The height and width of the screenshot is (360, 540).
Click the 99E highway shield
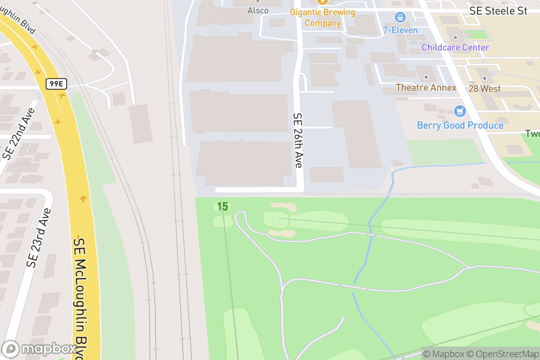click(x=56, y=83)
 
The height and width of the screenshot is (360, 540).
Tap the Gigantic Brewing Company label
click(x=322, y=17)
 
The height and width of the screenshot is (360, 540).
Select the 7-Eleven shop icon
click(x=400, y=18)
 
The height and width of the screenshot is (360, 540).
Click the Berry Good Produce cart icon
click(x=459, y=111)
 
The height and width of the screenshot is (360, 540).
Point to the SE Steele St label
click(x=498, y=11)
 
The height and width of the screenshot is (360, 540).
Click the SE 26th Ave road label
click(x=298, y=140)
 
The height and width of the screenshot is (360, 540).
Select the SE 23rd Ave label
click(x=40, y=238)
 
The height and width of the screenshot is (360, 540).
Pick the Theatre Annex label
click(x=426, y=88)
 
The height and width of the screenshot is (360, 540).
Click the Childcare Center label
click(x=455, y=47)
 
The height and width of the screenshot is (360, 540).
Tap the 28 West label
click(x=484, y=89)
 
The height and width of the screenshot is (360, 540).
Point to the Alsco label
click(x=258, y=10)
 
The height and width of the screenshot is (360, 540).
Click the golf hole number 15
click(x=222, y=207)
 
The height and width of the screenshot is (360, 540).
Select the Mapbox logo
click(x=40, y=349)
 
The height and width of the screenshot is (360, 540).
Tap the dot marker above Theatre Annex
click(x=426, y=77)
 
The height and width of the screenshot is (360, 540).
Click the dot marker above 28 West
click(x=485, y=78)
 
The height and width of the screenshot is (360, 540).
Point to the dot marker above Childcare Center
click(x=455, y=37)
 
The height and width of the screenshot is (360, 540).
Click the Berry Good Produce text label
click(x=460, y=125)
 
